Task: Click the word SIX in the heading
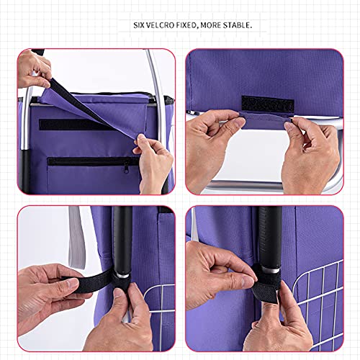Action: pos(139,25)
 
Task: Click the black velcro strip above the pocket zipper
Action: pos(72,124)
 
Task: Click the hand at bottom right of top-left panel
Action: pos(155,162)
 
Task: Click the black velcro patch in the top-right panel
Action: pos(266,103)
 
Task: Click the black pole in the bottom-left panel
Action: pos(122,238)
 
